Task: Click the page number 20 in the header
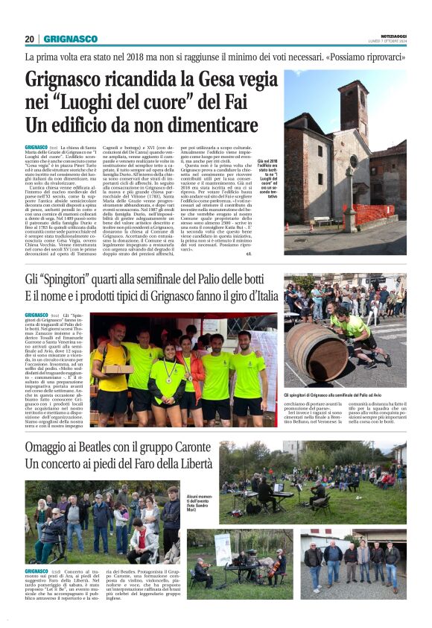click(x=30, y=39)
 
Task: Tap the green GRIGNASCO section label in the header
click(x=70, y=39)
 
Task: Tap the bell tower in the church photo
click(x=353, y=116)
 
